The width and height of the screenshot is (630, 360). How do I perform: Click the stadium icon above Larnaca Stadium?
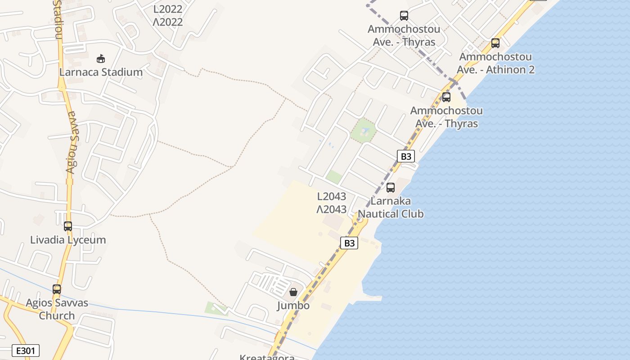101,58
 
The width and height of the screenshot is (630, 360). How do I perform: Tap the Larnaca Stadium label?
101,72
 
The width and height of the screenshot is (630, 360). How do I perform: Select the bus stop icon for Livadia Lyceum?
68,226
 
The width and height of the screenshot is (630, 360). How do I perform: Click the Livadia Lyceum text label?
68,240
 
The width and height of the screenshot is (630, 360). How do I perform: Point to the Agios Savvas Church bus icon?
57,289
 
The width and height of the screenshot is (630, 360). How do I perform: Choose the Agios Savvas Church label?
57,309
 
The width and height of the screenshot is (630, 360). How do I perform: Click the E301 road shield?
27,351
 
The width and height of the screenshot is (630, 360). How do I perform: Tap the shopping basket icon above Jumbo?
293,292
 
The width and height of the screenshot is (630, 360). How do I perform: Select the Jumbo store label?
293,306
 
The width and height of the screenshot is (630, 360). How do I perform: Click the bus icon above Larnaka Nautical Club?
391,188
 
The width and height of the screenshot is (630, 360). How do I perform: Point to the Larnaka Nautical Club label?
391,207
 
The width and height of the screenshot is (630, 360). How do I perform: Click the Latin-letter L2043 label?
332,196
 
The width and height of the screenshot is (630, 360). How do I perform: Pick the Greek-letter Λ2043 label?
332,209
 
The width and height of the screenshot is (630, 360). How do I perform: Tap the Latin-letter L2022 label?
168,9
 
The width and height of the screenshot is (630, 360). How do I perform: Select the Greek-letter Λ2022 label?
168,22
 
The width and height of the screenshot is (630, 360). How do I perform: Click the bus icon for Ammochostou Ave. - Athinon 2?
495,43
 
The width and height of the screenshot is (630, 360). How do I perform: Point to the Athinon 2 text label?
495,63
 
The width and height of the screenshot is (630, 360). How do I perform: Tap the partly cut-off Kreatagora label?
267,357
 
